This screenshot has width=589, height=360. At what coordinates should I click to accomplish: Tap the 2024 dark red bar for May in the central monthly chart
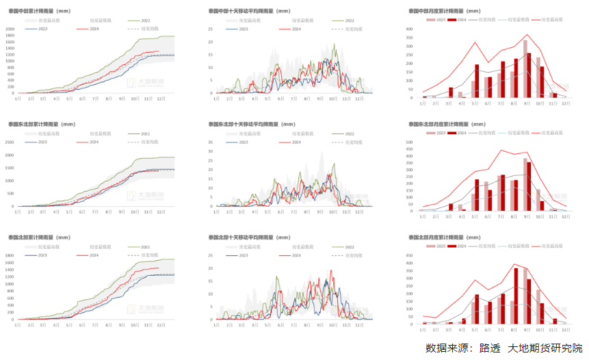[x=477, y=81]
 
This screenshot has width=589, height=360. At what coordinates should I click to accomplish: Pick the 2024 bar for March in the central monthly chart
[x=451, y=92]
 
